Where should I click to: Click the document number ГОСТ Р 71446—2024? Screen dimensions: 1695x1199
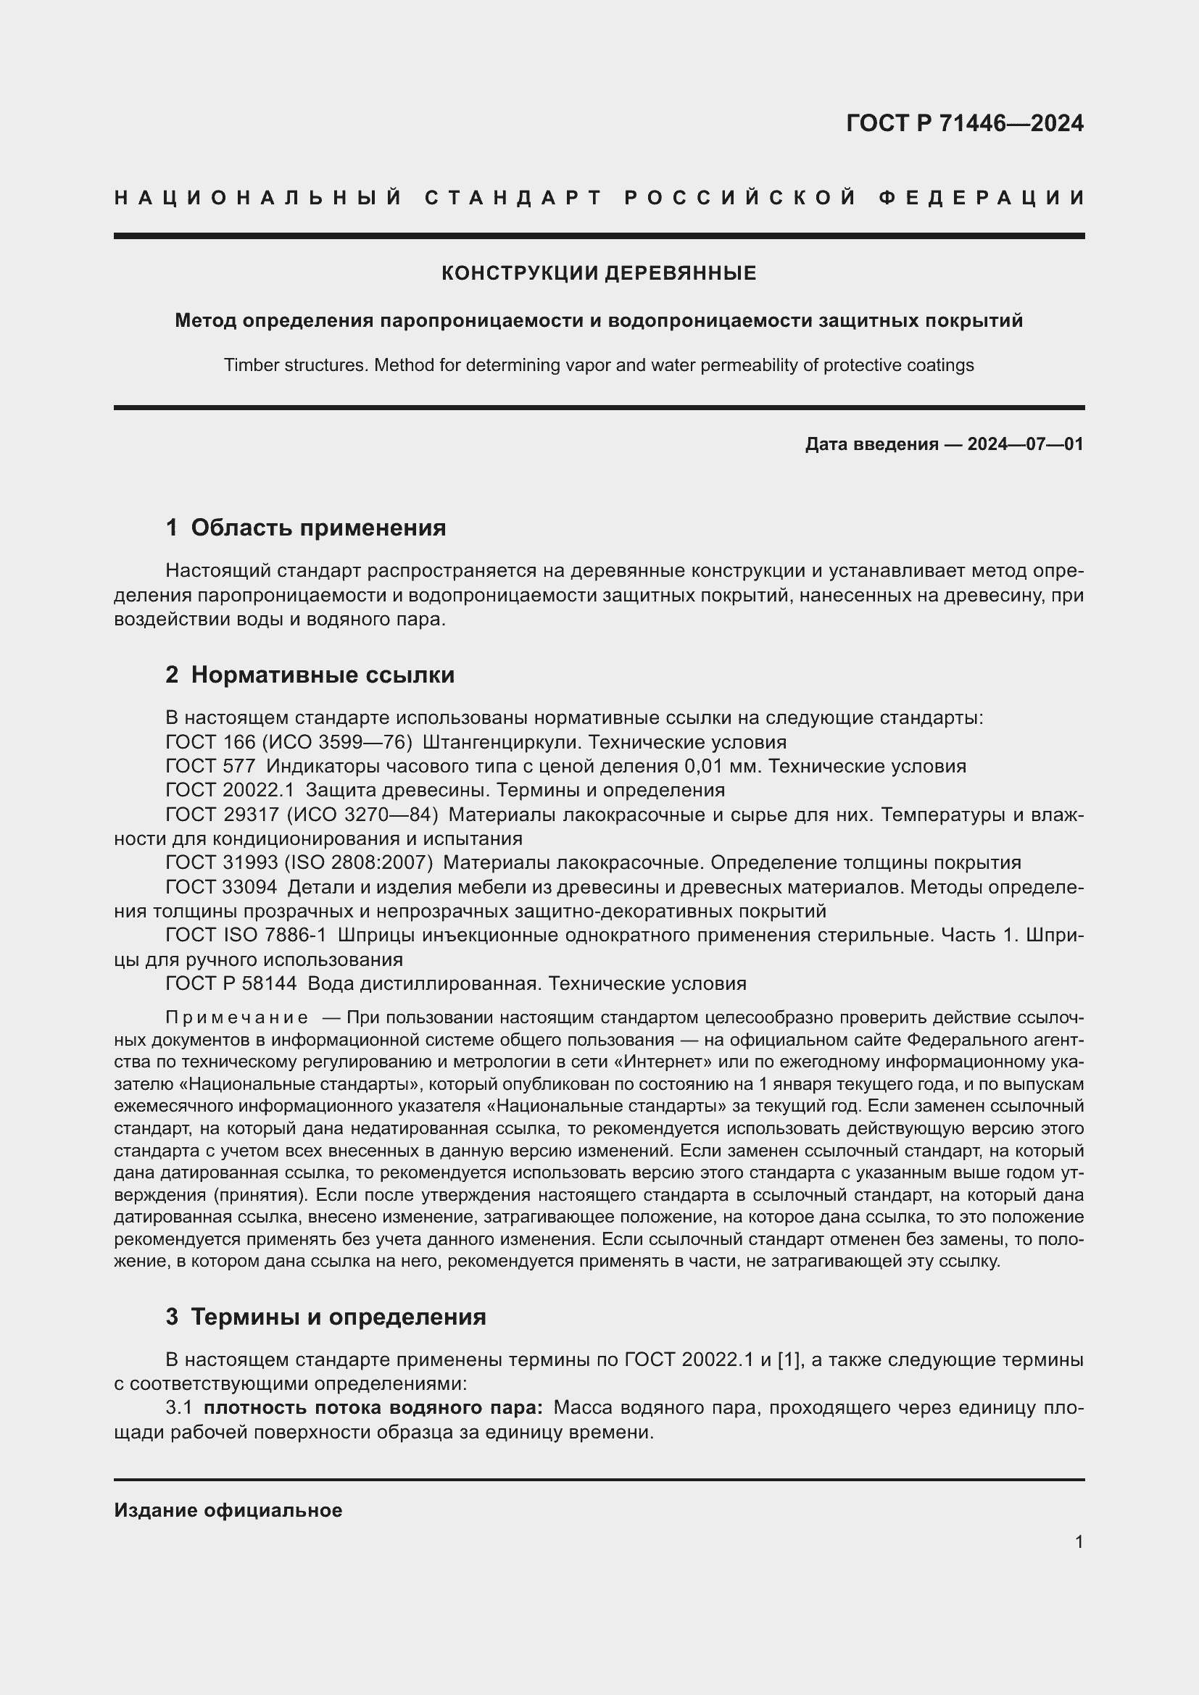tap(964, 123)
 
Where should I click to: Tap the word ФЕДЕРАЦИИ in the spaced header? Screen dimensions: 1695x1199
tap(982, 198)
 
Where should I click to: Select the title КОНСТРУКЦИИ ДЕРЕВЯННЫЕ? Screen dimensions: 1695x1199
tap(599, 274)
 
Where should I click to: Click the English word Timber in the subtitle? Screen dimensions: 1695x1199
tap(247, 365)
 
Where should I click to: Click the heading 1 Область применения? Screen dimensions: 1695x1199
tap(306, 528)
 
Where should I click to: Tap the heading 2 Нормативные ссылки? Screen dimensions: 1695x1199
tap(310, 675)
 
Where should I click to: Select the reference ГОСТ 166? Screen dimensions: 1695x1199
tap(209, 742)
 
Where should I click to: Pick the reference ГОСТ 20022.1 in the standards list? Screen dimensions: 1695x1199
tap(230, 791)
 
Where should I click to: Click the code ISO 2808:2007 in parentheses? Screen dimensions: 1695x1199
tap(359, 863)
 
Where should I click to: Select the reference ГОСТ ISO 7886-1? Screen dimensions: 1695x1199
tap(245, 936)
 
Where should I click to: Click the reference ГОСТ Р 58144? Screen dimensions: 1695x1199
tap(231, 984)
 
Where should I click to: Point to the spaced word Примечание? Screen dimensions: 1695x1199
tap(236, 1018)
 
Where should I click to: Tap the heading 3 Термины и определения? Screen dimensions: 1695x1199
tap(325, 1317)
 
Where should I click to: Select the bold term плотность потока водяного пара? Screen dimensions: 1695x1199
tap(373, 1409)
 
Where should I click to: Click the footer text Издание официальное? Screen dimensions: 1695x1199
tap(228, 1510)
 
